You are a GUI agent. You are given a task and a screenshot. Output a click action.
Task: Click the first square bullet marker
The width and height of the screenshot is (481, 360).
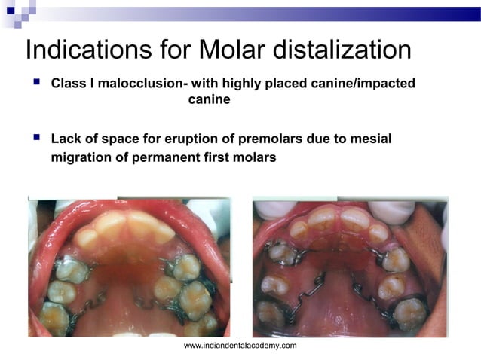point(35,82)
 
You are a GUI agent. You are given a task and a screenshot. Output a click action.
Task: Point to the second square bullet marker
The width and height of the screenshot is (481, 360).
point(35,139)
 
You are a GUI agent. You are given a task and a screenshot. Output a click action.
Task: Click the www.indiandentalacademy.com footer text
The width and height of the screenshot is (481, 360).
point(240,345)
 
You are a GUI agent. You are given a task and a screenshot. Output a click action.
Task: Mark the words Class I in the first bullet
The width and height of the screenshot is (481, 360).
point(73,83)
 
